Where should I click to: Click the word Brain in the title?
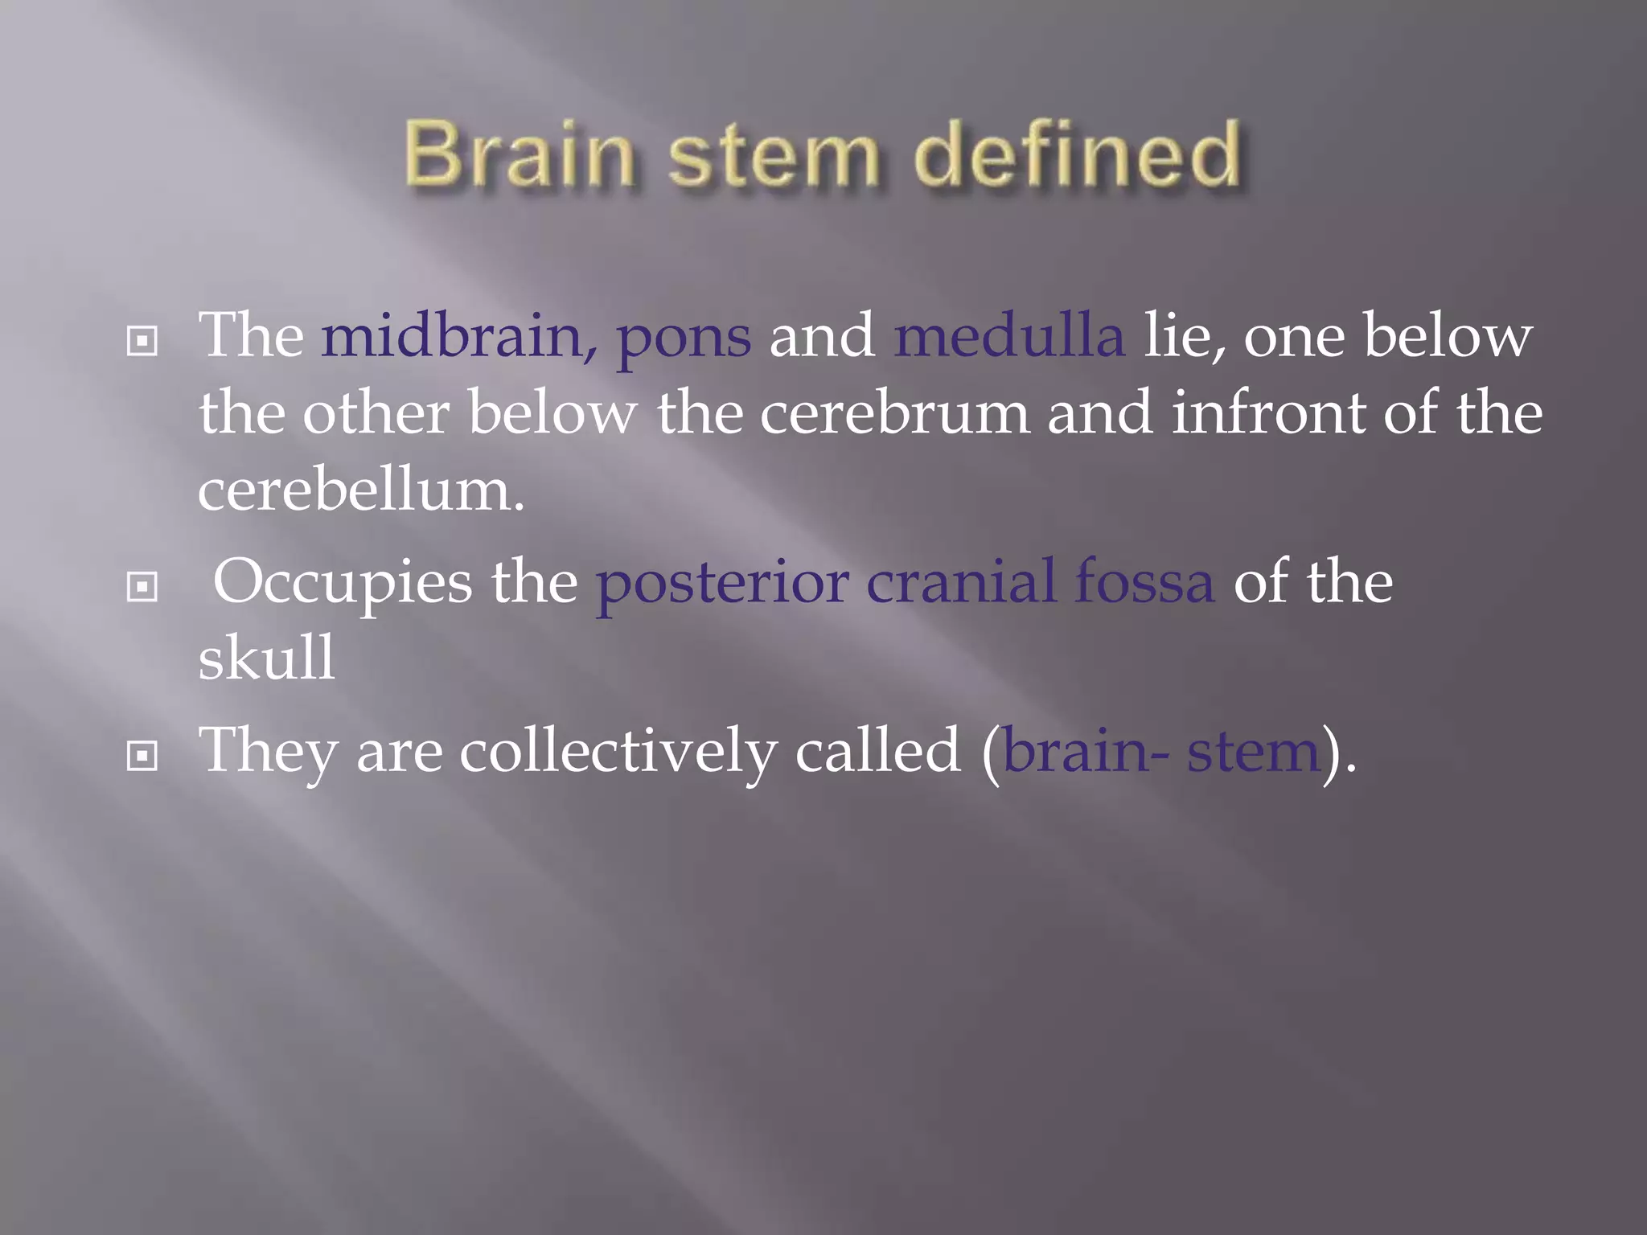point(519,154)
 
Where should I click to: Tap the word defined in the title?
point(1078,154)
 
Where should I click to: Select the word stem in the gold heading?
point(773,154)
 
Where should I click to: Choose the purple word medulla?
point(1009,335)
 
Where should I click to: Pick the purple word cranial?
point(961,581)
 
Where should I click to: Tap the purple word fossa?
point(1144,581)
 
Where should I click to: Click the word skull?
point(266,658)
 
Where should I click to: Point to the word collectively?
point(618,752)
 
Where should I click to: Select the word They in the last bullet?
point(268,752)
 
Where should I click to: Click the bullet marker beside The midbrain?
point(142,342)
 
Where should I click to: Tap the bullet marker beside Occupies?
point(142,587)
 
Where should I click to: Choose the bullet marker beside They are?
point(142,756)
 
